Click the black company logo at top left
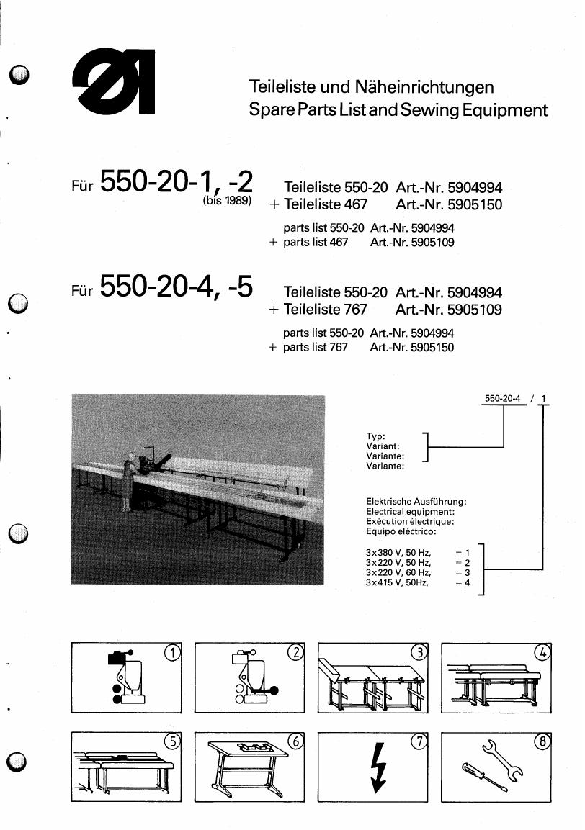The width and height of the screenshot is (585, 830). [113, 81]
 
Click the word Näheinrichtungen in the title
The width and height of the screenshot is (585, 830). [424, 87]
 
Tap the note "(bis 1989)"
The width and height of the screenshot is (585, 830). [228, 201]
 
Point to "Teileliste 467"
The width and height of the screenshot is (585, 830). [326, 204]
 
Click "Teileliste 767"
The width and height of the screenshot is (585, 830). [326, 309]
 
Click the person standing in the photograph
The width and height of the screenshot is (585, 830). [128, 482]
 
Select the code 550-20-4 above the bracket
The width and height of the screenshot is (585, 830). [503, 398]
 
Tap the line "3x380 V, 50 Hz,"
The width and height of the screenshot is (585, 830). [398, 553]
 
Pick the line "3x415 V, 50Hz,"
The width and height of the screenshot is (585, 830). [397, 583]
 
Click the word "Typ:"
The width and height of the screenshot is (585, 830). [375, 436]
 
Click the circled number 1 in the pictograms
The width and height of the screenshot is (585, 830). [172, 653]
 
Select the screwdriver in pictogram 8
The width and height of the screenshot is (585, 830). [484, 777]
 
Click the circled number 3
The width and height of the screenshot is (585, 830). [419, 653]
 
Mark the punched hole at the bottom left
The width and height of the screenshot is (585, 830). [18, 762]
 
